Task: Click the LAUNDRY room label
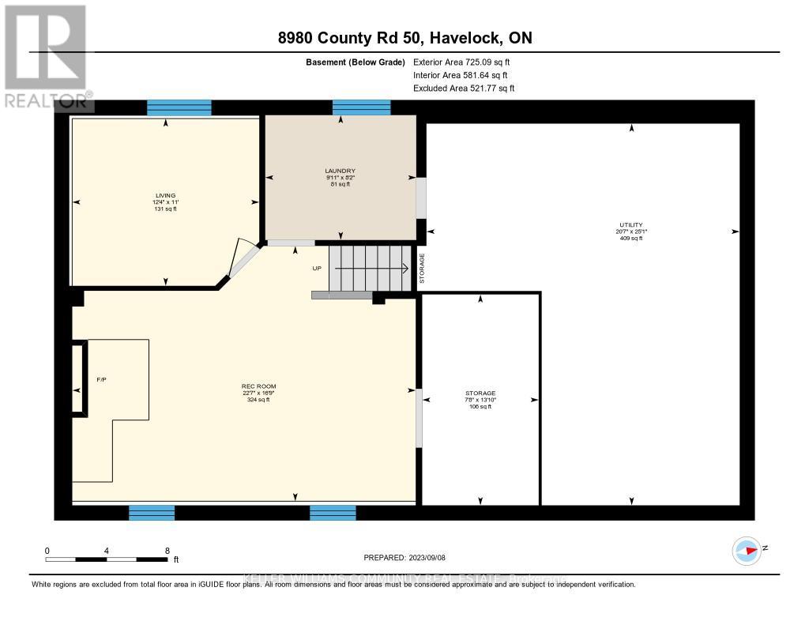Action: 340,171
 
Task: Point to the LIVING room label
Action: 165,195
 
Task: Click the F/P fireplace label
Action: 101,379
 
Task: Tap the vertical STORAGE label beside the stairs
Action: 422,269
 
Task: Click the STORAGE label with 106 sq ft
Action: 480,393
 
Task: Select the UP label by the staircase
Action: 317,268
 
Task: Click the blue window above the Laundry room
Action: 361,107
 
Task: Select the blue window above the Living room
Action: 179,107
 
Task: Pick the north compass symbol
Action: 746,550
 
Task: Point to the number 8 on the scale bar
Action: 167,550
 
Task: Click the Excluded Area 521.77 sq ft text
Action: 464,88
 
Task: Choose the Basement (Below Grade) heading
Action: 355,62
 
